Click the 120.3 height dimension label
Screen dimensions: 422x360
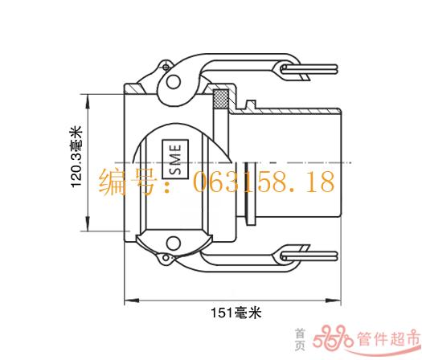point(76,156)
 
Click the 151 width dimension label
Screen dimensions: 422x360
point(236,313)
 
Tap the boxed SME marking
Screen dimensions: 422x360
point(175,159)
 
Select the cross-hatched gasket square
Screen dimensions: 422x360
point(221,98)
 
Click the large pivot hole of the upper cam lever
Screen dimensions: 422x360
point(173,81)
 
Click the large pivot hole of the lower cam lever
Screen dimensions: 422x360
point(173,243)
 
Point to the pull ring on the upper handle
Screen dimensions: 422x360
point(309,69)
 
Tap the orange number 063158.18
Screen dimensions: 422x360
point(264,182)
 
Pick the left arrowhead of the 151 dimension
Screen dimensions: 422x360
point(132,301)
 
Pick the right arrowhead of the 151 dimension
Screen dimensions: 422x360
point(334,301)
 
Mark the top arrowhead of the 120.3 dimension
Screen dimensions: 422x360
point(88,101)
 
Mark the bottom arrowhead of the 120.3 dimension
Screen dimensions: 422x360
point(88,223)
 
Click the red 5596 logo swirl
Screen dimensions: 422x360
point(333,337)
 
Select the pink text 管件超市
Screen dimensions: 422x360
point(388,338)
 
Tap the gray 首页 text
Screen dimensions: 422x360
point(301,339)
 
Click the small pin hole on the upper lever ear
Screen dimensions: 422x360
point(166,67)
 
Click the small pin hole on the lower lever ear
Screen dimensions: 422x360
point(166,258)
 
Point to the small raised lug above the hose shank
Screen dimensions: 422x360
point(251,104)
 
